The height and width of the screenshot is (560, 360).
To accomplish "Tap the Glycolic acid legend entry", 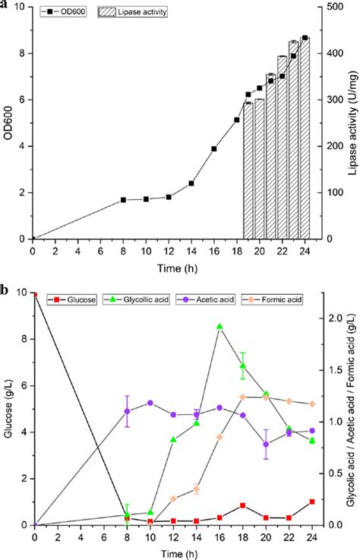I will pos(141,300).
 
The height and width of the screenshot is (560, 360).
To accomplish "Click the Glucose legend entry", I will pos(72,300).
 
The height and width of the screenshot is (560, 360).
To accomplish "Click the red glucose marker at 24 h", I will pos(312,501).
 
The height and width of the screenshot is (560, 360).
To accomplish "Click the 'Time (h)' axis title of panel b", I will pos(173,553).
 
